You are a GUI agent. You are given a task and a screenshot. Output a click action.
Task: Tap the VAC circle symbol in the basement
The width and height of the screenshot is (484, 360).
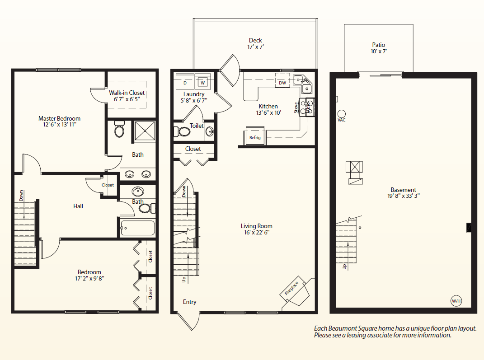pyautogui.click(x=341, y=114)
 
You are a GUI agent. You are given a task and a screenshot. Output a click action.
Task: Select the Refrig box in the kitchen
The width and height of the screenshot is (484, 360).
pyautogui.click(x=255, y=137)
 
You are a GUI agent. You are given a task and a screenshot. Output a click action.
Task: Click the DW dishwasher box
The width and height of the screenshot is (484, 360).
pyautogui.click(x=282, y=83)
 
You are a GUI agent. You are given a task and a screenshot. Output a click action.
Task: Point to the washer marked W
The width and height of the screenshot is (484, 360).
pyautogui.click(x=203, y=83)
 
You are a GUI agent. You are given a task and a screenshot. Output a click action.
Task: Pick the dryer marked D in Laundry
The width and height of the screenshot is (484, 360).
pyautogui.click(x=185, y=83)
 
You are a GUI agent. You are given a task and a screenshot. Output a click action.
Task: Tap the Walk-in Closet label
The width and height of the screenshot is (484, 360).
pyautogui.click(x=127, y=93)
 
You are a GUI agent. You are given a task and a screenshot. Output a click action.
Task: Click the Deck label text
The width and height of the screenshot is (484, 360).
pyautogui.click(x=255, y=40)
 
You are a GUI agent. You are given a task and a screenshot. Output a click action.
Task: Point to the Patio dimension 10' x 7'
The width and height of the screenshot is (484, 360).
pyautogui.click(x=379, y=51)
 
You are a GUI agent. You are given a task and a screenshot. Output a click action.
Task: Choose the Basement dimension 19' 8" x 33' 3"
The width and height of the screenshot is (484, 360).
pyautogui.click(x=404, y=196)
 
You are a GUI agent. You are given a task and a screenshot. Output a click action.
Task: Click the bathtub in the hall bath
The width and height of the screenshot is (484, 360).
pyautogui.click(x=138, y=227)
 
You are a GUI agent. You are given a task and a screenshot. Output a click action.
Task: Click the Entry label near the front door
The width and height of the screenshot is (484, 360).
pyautogui.click(x=190, y=302)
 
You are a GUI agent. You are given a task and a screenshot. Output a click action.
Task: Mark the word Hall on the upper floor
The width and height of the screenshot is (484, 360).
pyautogui.click(x=78, y=206)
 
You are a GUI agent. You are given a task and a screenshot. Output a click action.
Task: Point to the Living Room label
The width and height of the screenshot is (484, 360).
pyautogui.click(x=257, y=226)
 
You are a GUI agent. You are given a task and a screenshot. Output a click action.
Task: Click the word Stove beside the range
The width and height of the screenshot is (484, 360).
pyautogui.click(x=296, y=108)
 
